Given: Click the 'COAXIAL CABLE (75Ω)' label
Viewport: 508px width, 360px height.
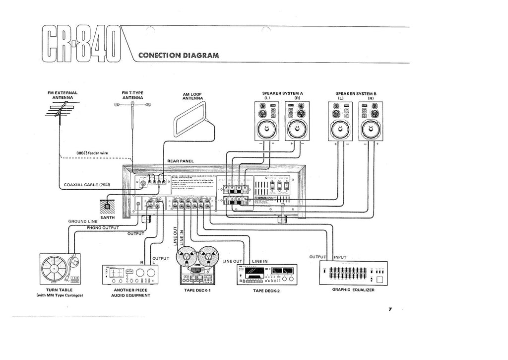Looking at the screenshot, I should pyautogui.click(x=87, y=185).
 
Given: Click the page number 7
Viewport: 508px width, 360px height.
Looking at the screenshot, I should pyautogui.click(x=390, y=309).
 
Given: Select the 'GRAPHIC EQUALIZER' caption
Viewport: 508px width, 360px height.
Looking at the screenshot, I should pyautogui.click(x=353, y=289).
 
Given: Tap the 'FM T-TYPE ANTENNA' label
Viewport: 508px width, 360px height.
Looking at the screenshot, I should pyautogui.click(x=132, y=95).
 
